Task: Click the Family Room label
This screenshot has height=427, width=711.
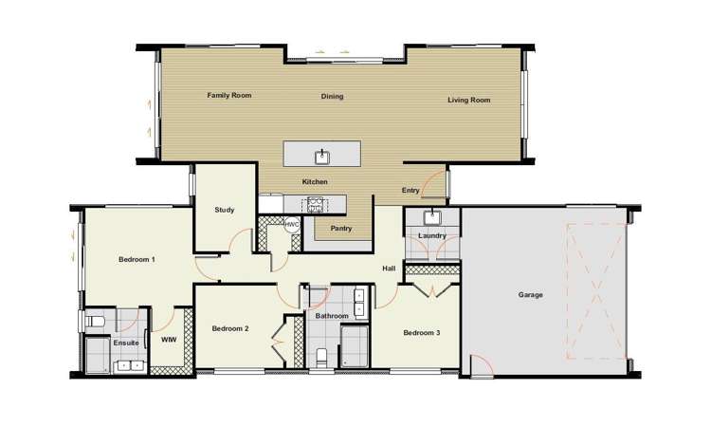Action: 229,95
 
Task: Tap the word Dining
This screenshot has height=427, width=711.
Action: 332,96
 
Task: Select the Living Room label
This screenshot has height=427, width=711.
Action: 469,100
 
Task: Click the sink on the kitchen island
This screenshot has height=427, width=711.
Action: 322,157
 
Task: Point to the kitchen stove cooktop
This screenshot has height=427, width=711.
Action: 315,205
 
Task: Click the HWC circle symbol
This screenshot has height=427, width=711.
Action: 291,224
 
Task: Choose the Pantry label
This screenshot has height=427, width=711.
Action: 341,229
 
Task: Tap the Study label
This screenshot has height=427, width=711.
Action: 225,210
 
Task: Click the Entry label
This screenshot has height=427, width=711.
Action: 410,191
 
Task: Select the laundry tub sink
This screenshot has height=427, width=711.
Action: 432,218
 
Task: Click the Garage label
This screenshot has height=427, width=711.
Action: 530,295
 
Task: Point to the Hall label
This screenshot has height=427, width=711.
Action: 389,269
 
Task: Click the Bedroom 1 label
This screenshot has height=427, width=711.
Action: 137,260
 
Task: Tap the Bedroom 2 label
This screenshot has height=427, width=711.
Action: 230,328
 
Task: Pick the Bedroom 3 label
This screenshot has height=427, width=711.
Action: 422,333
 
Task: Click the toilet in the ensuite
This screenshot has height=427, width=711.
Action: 95,322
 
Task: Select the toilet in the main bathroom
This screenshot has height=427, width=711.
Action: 321,357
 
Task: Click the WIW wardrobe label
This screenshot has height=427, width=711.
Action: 169,340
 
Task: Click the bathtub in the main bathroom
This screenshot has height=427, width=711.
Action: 354,346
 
